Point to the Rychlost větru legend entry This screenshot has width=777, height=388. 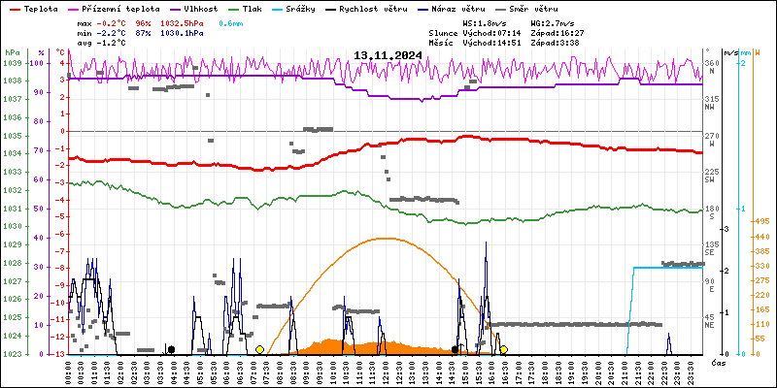368,8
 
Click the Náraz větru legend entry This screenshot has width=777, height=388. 456,8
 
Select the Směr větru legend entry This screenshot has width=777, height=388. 530,8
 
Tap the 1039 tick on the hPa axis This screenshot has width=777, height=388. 12,63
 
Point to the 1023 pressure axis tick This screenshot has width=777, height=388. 12,354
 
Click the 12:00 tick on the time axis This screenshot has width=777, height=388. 387,371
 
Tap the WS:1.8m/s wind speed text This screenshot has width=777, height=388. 484,22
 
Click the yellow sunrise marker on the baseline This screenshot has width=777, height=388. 259,349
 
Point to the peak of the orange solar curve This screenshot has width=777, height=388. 387,238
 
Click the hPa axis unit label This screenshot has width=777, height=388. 12,51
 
